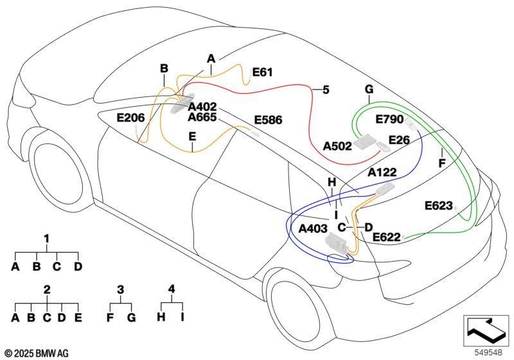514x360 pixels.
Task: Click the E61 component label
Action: (263, 72)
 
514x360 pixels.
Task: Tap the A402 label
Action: (202, 107)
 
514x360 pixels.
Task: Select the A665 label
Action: (202, 118)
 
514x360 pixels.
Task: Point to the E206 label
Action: (130, 118)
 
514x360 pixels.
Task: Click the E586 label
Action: (268, 120)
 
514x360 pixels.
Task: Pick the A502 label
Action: (337, 146)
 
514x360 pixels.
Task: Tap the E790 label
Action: (389, 120)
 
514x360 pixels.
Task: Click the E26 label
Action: (399, 140)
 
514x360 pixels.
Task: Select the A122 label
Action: (382, 172)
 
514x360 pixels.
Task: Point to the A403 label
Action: (313, 228)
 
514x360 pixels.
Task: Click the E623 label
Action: (439, 206)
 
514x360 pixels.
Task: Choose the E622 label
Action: (387, 237)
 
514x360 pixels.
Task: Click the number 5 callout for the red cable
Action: (326, 90)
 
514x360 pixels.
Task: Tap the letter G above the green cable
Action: (369, 89)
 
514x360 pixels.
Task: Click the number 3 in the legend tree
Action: (120, 289)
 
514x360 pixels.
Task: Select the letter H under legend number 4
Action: (161, 317)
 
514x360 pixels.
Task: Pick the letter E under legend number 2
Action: (78, 318)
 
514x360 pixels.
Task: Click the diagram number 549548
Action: (488, 352)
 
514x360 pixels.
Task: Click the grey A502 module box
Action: (364, 142)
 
